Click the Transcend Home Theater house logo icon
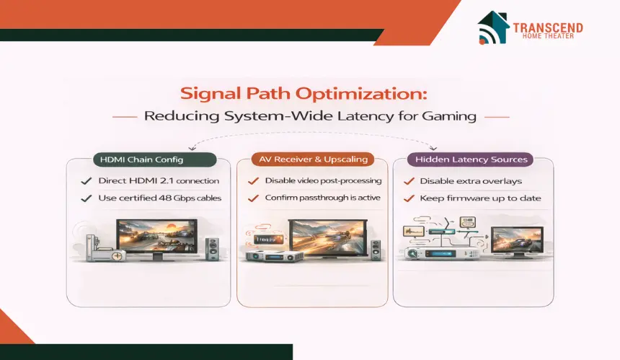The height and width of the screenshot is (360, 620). tap(493, 27)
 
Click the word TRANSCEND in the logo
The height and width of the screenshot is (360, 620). tap(548, 27)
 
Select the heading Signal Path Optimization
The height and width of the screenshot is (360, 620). tap(304, 94)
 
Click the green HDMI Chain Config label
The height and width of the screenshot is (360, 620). tap(154, 159)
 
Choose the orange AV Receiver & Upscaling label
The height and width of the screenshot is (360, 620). tap(313, 159)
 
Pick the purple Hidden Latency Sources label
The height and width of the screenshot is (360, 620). tap(471, 159)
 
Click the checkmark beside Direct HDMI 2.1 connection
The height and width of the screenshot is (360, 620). tap(87, 181)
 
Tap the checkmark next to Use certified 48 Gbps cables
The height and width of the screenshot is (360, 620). tap(87, 198)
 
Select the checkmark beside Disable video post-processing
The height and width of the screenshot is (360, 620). tap(253, 181)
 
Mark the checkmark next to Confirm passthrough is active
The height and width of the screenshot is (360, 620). tap(253, 198)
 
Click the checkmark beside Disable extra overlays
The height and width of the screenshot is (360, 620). tap(409, 181)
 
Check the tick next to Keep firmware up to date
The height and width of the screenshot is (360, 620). tap(409, 198)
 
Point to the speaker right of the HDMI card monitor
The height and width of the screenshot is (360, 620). tap(213, 249)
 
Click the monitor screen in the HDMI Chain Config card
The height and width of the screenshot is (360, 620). tap(156, 237)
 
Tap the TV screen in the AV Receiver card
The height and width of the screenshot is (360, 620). tap(328, 238)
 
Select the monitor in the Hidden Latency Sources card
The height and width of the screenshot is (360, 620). tap(517, 242)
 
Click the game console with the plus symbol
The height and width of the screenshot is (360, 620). tap(106, 251)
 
